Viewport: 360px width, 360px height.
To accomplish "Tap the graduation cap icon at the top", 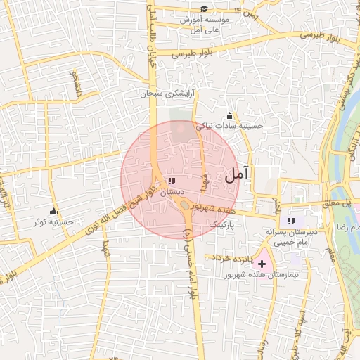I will coord(204,8).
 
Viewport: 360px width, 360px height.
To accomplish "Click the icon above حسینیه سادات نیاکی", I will coord(229,116).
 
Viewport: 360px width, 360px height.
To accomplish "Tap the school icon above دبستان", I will coord(172,181).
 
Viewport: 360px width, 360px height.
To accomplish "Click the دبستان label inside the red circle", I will coord(172,191).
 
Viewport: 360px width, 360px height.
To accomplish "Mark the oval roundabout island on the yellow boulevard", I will coord(186,205).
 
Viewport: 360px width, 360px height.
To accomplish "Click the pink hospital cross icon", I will coord(262,264).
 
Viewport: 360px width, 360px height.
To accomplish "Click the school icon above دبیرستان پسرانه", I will coord(292,222).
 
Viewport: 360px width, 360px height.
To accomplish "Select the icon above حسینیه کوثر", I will coord(54,212).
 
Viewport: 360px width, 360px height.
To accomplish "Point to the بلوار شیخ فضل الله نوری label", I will coord(112,211).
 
